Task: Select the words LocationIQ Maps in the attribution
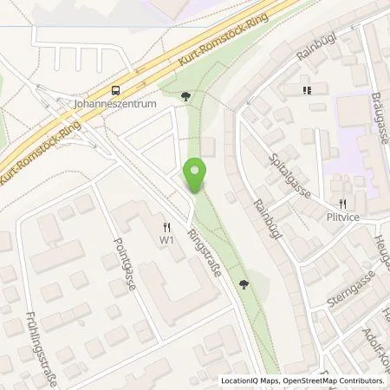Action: click(x=247, y=380)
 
